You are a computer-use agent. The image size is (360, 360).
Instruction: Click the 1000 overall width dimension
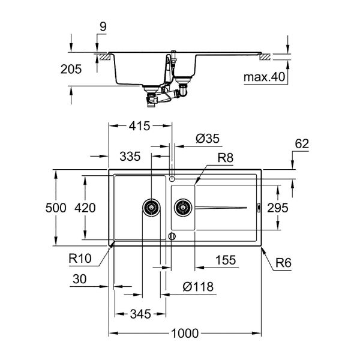[186, 334]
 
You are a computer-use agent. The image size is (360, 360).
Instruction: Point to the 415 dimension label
[138, 126]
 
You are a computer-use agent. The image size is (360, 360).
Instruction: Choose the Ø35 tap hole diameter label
[208, 139]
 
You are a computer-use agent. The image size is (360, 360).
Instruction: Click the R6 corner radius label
[284, 262]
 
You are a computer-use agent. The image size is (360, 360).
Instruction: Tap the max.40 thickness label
[264, 77]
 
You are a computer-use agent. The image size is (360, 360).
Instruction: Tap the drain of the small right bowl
[182, 208]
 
